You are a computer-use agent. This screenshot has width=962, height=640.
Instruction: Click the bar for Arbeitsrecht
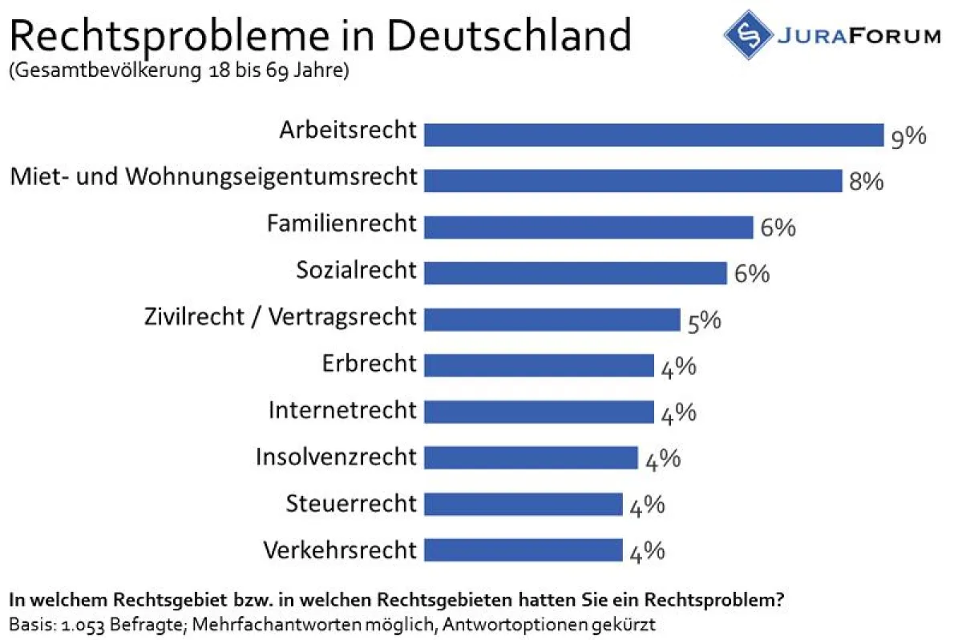(653, 135)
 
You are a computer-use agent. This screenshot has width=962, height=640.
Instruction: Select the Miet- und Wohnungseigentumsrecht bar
(633, 180)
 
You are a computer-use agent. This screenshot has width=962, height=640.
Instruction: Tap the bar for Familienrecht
(588, 227)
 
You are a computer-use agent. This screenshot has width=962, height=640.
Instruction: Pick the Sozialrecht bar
(575, 272)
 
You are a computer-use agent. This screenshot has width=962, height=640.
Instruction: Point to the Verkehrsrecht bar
(523, 550)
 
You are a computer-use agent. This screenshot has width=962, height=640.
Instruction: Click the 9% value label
(908, 137)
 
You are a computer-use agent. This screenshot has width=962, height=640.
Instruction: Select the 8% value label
(866, 182)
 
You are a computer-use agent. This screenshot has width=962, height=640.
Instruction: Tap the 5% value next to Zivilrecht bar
(704, 321)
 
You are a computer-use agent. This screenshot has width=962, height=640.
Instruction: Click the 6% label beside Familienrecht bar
(778, 228)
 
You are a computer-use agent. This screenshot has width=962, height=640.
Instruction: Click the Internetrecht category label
(342, 410)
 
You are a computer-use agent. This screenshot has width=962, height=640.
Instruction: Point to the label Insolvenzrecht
(336, 457)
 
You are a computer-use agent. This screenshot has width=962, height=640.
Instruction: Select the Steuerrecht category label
(351, 504)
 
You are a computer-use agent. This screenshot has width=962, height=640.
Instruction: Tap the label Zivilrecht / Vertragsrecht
(281, 317)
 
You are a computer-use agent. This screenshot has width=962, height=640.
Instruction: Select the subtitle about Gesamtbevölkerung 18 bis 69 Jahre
(179, 70)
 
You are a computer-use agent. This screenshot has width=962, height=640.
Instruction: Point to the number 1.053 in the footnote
(70, 622)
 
